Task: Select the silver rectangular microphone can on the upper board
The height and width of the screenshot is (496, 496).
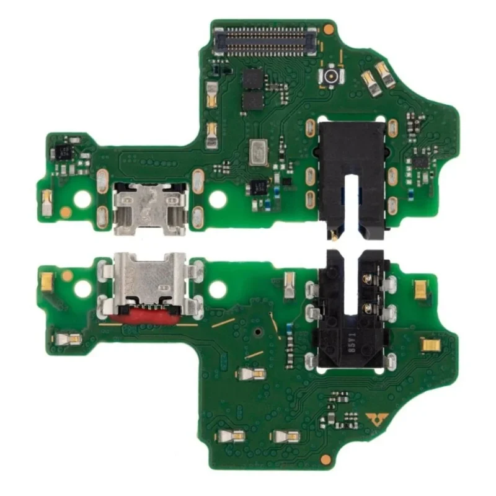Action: pyautogui.click(x=256, y=153)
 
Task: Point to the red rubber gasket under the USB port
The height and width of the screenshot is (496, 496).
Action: pyautogui.click(x=149, y=317)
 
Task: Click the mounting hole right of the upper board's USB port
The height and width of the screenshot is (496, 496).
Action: pyautogui.click(x=218, y=199)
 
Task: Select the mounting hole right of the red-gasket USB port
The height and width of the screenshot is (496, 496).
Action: pyautogui.click(x=218, y=288)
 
